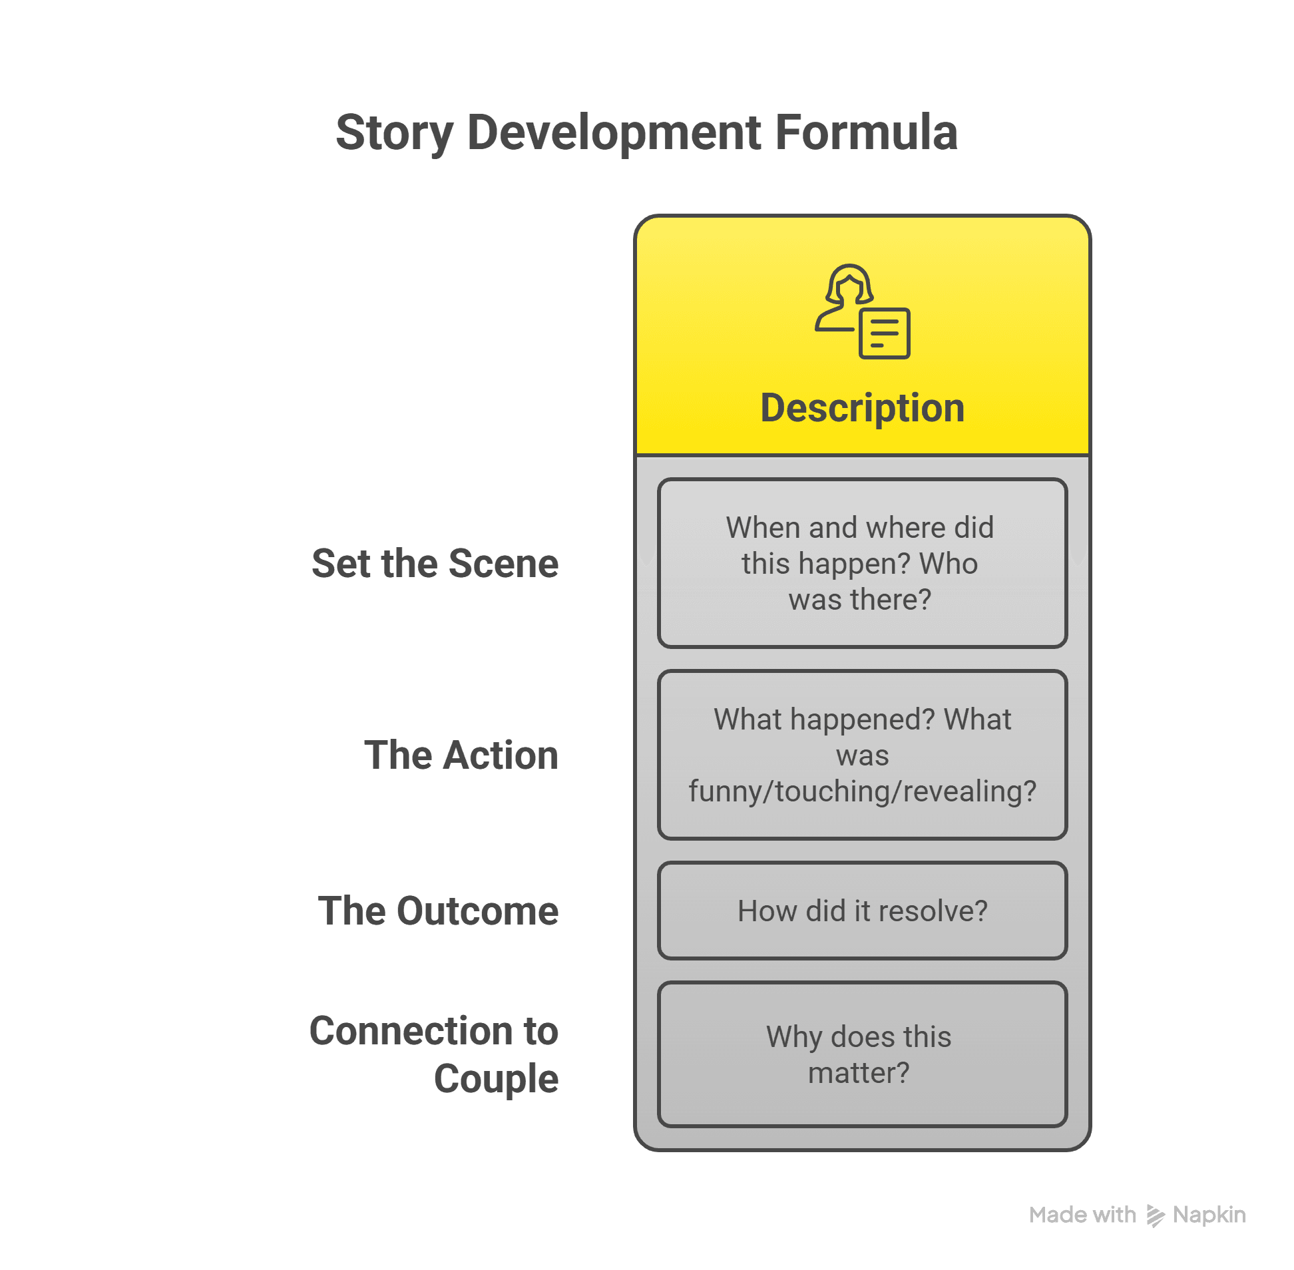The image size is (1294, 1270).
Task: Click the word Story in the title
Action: click(394, 133)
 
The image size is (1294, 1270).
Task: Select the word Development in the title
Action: click(614, 133)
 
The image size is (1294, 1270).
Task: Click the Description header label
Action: click(862, 407)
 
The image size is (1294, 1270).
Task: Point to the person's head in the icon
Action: click(849, 285)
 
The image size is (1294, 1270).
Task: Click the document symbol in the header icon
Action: click(885, 333)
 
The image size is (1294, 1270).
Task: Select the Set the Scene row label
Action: click(435, 563)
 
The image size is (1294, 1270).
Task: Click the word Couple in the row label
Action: click(497, 1078)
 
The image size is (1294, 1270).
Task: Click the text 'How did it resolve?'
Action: click(862, 911)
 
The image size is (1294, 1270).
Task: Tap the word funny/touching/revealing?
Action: click(862, 791)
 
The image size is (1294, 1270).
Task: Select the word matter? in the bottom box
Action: click(859, 1072)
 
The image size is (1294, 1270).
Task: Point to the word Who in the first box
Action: click(948, 564)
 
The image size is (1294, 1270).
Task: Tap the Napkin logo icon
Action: click(1156, 1215)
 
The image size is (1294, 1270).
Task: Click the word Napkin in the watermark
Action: click(1209, 1215)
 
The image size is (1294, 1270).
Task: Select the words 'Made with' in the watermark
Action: click(1082, 1215)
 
